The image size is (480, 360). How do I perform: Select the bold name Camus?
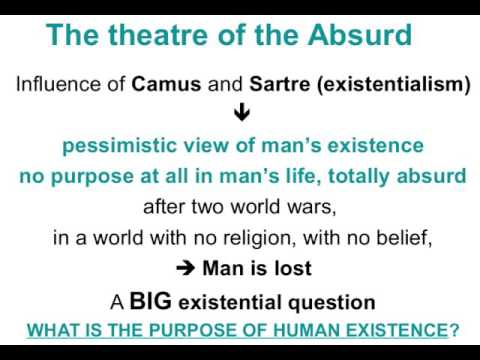165,84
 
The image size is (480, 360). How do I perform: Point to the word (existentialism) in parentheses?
387,84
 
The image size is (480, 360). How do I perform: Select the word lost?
290,269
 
